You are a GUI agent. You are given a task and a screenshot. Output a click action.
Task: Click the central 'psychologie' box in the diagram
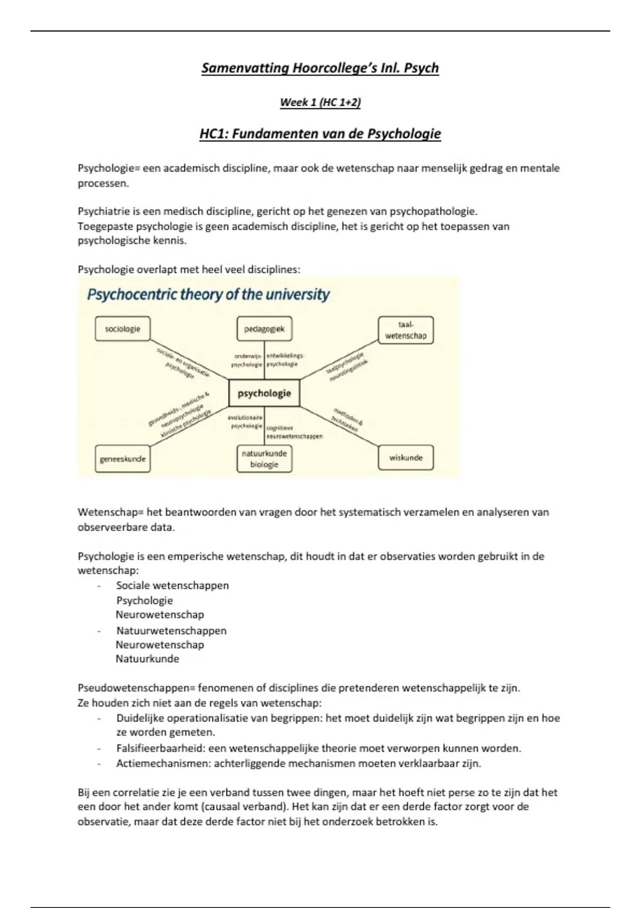264,394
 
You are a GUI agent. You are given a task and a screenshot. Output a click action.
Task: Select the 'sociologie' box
122,329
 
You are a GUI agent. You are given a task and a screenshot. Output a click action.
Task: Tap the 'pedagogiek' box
264,329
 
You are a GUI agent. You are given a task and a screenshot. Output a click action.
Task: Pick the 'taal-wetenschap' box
405,330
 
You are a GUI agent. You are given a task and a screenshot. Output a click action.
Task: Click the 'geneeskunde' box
122,459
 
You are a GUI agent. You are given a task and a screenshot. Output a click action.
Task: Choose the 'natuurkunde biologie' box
264,459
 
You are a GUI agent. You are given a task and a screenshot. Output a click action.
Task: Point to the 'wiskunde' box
405,458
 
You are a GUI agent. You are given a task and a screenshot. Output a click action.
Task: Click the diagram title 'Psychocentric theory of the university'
208,294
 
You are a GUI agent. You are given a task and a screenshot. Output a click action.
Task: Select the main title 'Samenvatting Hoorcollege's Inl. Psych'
320,68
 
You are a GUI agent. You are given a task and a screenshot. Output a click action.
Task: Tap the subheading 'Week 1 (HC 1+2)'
320,102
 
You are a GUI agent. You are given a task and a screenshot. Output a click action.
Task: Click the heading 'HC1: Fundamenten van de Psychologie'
320,134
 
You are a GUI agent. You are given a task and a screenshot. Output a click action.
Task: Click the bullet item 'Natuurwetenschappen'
171,631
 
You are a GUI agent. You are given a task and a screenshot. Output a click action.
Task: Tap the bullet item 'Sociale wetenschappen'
173,585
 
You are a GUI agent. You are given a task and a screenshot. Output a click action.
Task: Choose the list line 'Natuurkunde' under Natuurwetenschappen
147,659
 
